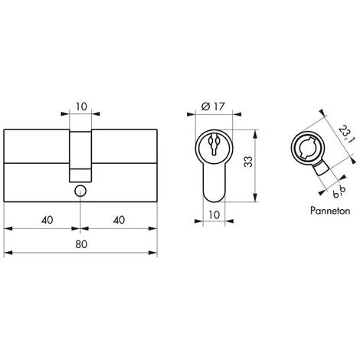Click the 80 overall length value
[80, 242]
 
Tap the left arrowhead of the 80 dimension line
[8, 253]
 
